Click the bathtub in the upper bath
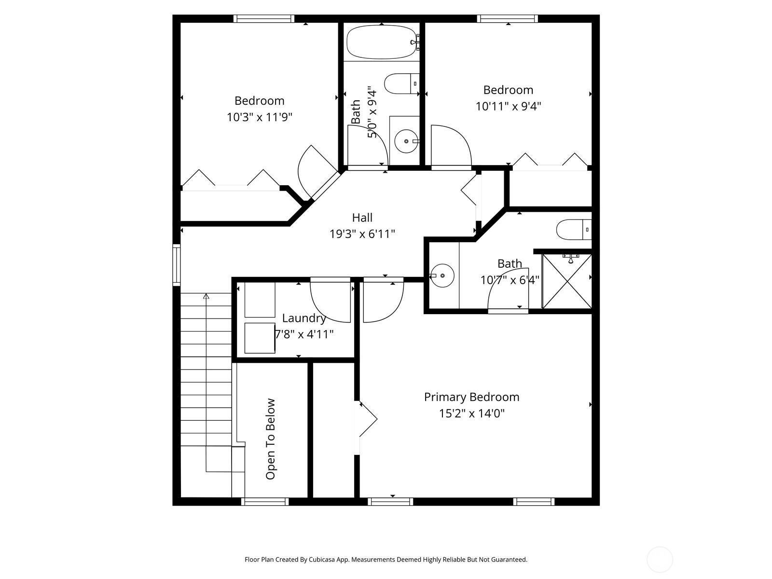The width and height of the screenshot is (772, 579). pos(383,42)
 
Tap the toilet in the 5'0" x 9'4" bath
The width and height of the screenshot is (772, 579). pos(401,83)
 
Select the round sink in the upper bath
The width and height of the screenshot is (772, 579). pos(406,141)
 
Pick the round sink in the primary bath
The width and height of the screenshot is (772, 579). pos(442,276)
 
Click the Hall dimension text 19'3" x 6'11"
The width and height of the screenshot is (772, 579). pos(362,234)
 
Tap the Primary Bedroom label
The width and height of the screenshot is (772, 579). pos(471,397)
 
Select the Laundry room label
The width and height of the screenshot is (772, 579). pos(304,318)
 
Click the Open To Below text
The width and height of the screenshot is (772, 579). pos(270,439)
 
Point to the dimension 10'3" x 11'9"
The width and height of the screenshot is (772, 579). pos(260,117)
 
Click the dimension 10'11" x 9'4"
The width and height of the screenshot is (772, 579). pos(508,106)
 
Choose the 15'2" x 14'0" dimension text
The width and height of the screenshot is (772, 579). pos(471,413)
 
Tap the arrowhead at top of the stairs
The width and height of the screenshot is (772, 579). pos(206,296)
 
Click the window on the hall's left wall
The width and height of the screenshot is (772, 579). pos(176,264)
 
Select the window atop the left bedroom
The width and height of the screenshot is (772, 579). pos(264,19)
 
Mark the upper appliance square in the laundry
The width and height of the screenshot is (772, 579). pos(260,300)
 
